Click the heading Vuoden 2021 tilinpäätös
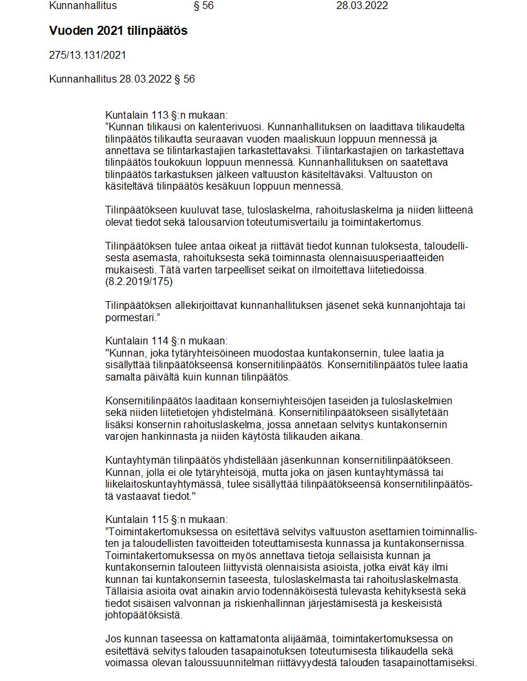tap(118, 31)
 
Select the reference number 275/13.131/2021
tap(87, 55)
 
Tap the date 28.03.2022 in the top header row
tap(362, 6)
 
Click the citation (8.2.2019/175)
tap(138, 282)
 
